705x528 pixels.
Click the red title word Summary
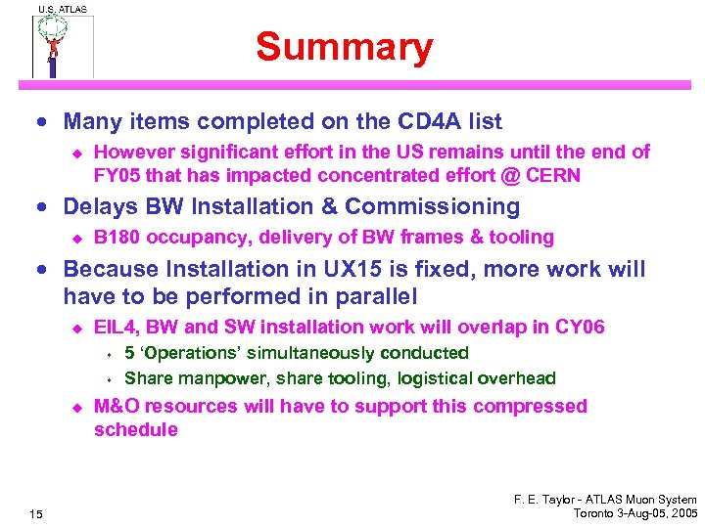pyautogui.click(x=344, y=47)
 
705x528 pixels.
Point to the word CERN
pyautogui.click(x=553, y=176)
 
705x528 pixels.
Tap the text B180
pyautogui.click(x=117, y=237)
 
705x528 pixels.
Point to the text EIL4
pyautogui.click(x=116, y=328)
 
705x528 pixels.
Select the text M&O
pyautogui.click(x=117, y=406)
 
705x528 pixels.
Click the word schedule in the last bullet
pyautogui.click(x=136, y=430)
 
